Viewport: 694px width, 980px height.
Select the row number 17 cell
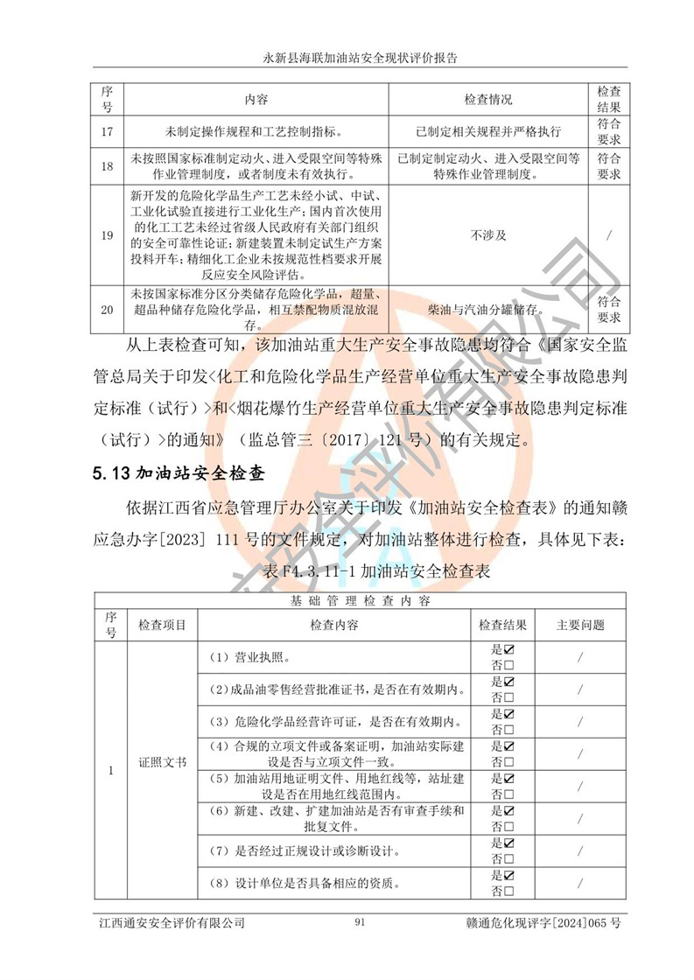tap(108, 131)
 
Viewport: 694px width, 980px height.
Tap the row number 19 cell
tap(108, 235)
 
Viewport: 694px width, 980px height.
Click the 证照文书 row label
tap(163, 762)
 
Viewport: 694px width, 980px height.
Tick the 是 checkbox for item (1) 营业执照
tap(508, 650)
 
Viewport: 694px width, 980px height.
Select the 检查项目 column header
tap(163, 625)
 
